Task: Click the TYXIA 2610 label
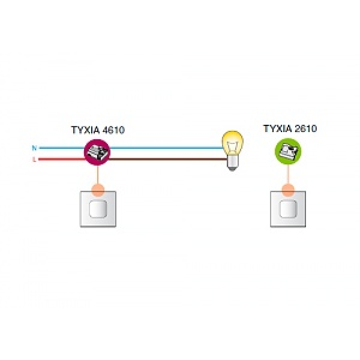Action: pos(290,129)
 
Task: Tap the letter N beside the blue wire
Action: pos(34,147)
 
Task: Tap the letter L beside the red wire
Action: pos(34,160)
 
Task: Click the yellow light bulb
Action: pos(232,144)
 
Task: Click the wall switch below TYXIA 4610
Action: pos(97,209)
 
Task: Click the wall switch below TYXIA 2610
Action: pos(289,209)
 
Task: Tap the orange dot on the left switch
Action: pos(97,191)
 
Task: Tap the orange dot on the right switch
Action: pos(289,191)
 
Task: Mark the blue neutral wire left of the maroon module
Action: pos(60,147)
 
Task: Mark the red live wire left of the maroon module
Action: pos(60,160)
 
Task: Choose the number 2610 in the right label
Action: pos(305,129)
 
